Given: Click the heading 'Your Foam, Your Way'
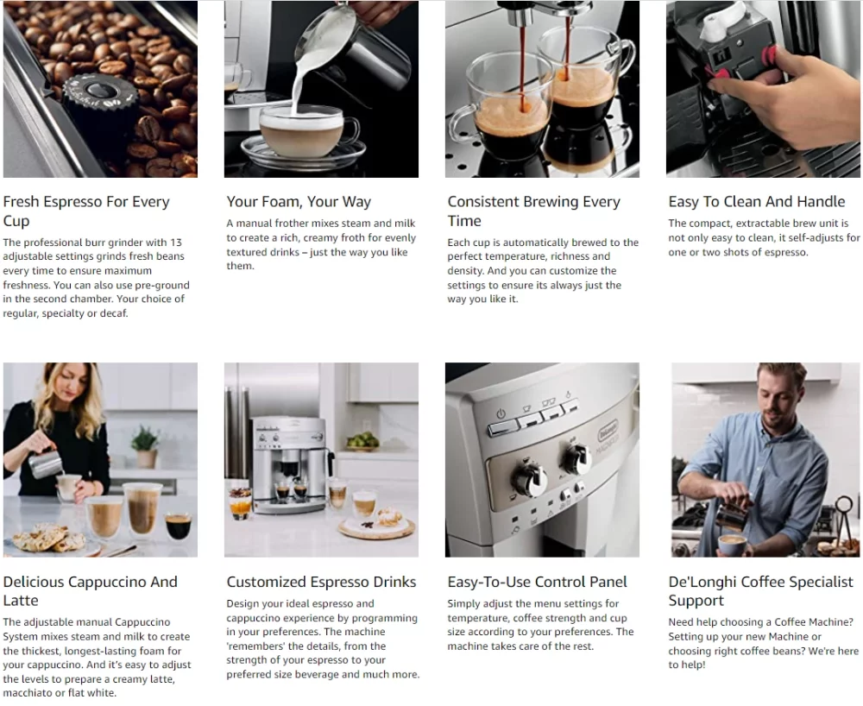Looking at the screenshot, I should (x=299, y=202).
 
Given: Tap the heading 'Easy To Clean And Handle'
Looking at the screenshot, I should (x=756, y=202).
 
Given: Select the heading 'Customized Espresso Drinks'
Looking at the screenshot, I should (x=321, y=582).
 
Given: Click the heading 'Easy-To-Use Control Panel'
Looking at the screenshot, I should (x=537, y=582).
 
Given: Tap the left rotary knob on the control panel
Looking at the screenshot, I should (x=529, y=476).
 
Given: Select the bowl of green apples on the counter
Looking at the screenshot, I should (x=362, y=442).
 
